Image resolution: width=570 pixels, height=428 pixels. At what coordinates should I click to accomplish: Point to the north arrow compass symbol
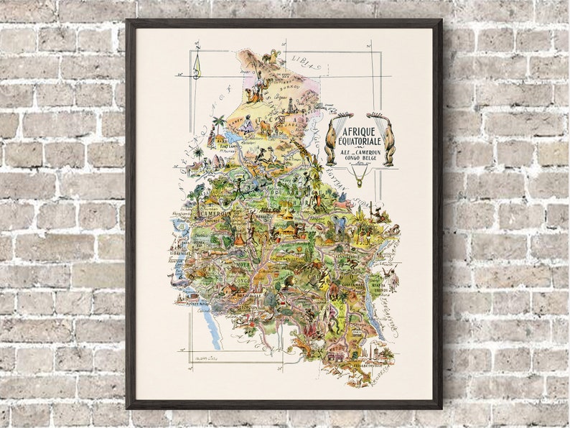pyautogui.click(x=196, y=68)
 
